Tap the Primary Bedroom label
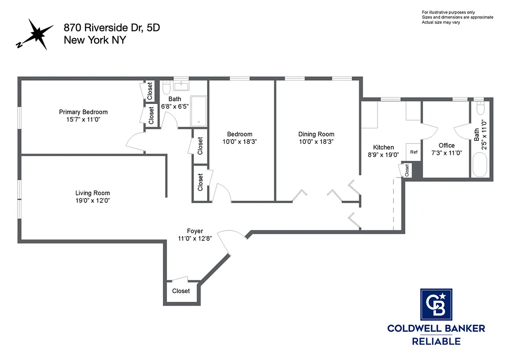[83, 112]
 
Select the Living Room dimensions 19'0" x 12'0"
[93, 200]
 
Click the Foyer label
[195, 231]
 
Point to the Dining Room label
[316, 134]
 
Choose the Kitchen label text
[383, 147]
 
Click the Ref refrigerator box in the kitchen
[414, 152]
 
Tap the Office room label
[446, 145]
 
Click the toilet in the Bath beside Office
[479, 109]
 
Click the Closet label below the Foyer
[181, 291]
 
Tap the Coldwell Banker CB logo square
[436, 305]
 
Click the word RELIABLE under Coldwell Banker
[436, 341]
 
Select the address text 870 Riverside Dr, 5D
[112, 28]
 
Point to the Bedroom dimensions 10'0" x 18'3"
[239, 141]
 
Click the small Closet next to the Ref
[406, 170]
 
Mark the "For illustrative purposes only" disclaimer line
[448, 12]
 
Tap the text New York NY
[95, 40]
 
